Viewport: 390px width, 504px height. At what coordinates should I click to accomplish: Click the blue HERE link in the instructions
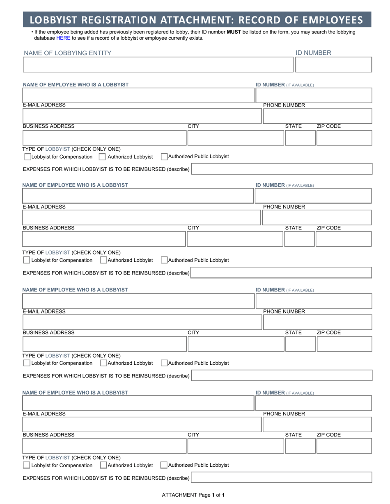pyautogui.click(x=63, y=38)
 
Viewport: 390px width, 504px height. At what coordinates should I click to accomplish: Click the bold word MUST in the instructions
pyautogui.click(x=234, y=32)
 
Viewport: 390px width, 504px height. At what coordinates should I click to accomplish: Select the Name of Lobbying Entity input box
pyautogui.click(x=158, y=65)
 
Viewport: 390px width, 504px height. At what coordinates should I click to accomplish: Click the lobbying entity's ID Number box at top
pyautogui.click(x=333, y=65)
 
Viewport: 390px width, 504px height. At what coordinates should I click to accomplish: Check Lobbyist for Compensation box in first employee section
pyautogui.click(x=28, y=157)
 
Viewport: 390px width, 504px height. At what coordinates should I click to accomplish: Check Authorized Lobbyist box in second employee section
pyautogui.click(x=103, y=260)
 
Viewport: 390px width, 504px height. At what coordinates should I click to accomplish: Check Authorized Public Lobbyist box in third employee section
pyautogui.click(x=164, y=363)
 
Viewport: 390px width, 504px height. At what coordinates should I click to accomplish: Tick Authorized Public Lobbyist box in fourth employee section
pyautogui.click(x=164, y=465)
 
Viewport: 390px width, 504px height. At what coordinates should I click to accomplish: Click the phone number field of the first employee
pyautogui.click(x=317, y=116)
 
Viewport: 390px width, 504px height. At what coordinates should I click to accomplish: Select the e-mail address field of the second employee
pyautogui.click(x=142, y=218)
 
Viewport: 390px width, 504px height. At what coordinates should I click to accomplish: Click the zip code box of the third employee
pyautogui.click(x=344, y=344)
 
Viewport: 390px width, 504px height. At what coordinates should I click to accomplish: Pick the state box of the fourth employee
pyautogui.click(x=300, y=446)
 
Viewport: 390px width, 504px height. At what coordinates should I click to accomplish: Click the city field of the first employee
pyautogui.click(x=236, y=138)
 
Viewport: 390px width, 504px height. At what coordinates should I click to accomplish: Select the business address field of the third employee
pyautogui.click(x=104, y=344)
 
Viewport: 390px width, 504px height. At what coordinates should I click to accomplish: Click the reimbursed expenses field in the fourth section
pyautogui.click(x=282, y=477)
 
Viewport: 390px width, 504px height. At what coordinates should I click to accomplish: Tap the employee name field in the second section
pyautogui.click(x=138, y=196)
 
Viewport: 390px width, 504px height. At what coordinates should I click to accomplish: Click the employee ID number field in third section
pyautogui.click(x=314, y=301)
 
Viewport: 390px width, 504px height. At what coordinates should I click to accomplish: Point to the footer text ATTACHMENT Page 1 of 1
pyautogui.click(x=193, y=495)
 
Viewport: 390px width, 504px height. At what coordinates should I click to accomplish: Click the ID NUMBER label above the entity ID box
pyautogui.click(x=313, y=53)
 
